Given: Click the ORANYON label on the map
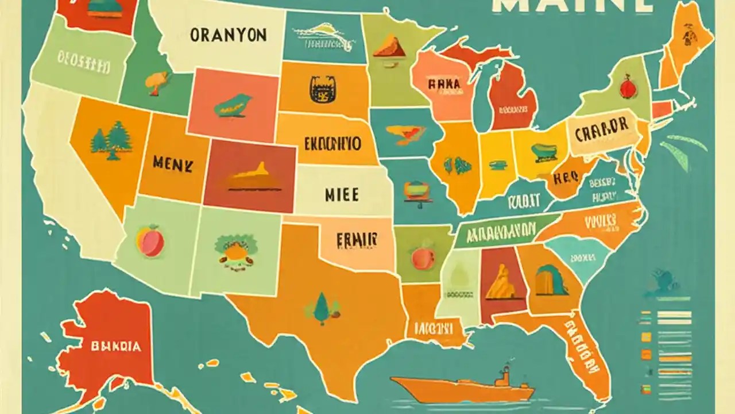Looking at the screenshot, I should coord(229,34).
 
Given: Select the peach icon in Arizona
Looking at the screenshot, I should coord(150,241).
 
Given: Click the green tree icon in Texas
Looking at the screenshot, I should coord(320,306).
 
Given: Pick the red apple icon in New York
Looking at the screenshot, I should coord(626,87).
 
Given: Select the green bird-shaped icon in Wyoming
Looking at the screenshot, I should coord(233,105).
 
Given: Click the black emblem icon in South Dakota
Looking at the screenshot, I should coord(319,90).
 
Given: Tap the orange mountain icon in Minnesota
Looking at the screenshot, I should coord(390,46).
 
